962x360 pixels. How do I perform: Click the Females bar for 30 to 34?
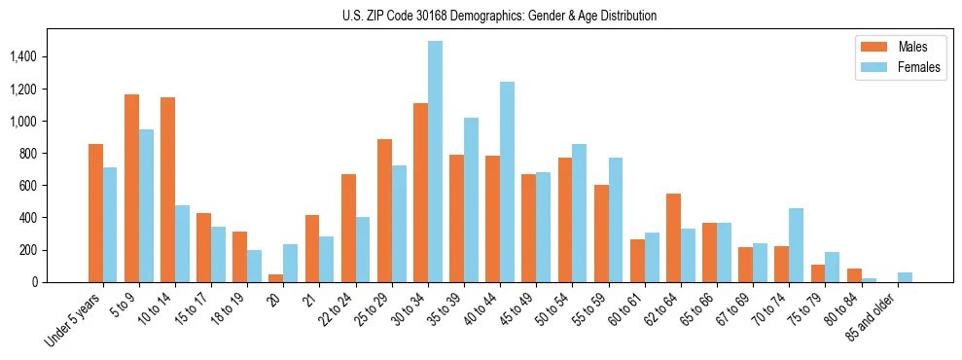(435, 162)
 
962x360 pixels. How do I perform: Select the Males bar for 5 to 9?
(131, 188)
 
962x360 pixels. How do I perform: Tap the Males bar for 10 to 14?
(167, 190)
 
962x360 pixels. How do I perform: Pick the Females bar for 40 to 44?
(507, 182)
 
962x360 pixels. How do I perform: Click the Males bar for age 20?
(276, 278)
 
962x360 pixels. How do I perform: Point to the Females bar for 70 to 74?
(796, 245)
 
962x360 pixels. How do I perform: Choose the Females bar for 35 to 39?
(471, 199)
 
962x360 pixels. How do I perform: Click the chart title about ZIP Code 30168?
(499, 16)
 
